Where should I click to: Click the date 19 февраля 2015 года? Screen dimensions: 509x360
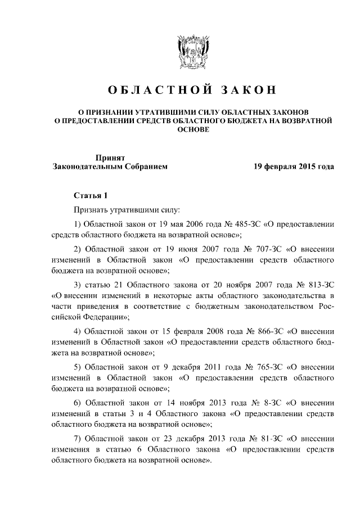[292, 167]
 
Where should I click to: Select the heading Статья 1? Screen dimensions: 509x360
[91, 195]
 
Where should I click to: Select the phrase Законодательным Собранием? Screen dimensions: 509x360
[110, 167]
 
